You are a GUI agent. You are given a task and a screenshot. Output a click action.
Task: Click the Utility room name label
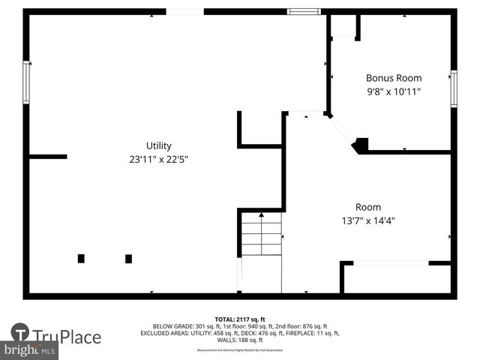(x=158, y=145)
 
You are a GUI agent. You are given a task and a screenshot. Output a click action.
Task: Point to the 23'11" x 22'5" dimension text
(x=158, y=159)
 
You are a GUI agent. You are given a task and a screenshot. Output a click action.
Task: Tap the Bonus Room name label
(x=394, y=78)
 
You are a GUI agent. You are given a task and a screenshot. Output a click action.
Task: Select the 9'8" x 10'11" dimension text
(x=394, y=91)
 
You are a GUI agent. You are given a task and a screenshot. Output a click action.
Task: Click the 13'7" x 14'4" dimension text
(x=367, y=220)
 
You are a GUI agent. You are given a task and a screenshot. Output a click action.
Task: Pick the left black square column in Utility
(x=81, y=259)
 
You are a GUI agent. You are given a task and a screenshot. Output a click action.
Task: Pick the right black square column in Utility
(x=128, y=259)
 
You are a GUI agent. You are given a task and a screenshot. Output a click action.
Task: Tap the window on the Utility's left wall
(x=26, y=82)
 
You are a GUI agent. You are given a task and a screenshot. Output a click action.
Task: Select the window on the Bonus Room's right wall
(x=453, y=88)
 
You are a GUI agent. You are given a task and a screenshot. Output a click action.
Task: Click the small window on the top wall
(x=304, y=11)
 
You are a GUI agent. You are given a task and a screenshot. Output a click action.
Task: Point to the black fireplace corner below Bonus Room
(x=361, y=145)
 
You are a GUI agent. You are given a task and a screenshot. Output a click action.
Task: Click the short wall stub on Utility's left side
(x=48, y=157)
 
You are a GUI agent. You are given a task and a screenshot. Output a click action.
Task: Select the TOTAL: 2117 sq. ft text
(x=240, y=319)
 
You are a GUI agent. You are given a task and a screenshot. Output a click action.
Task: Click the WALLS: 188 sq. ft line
(x=240, y=340)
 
